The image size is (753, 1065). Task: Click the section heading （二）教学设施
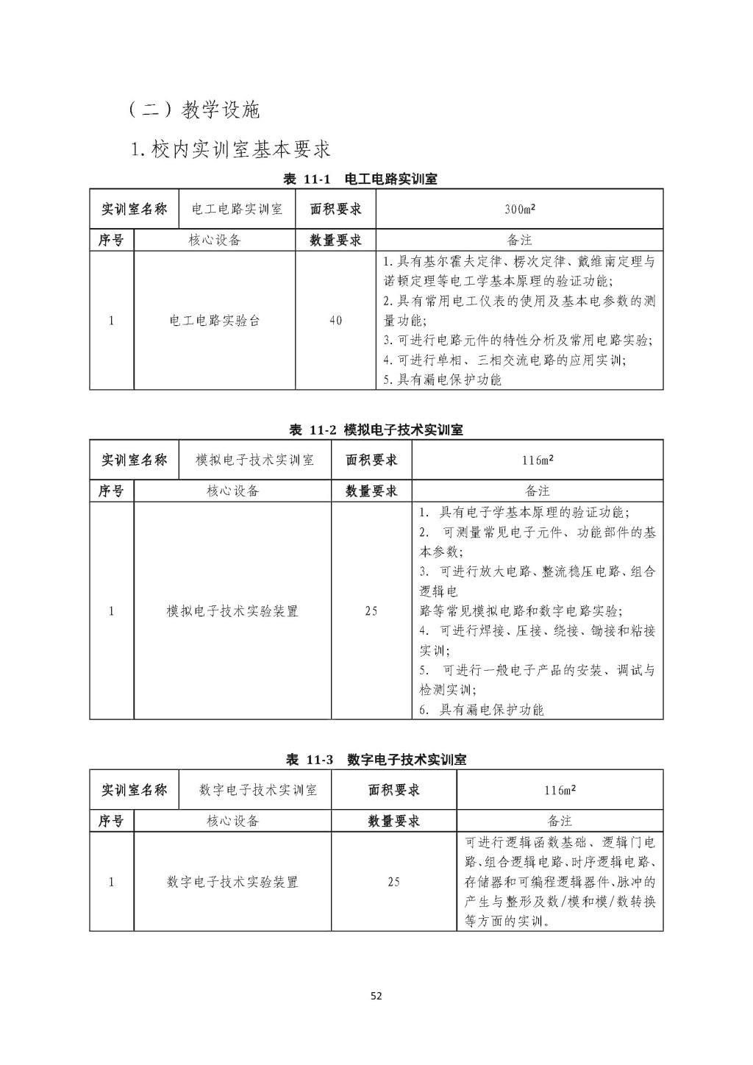pos(194,110)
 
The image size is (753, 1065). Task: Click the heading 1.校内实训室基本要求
pos(230,150)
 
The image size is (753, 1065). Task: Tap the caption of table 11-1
pos(360,179)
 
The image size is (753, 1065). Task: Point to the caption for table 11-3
pos(376,760)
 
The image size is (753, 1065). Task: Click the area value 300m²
pos(519,210)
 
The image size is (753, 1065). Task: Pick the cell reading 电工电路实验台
pos(215,321)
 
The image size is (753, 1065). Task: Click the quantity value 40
pos(335,321)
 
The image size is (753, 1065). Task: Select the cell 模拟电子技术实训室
pos(255,460)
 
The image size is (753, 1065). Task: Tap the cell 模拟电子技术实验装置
pos(232,611)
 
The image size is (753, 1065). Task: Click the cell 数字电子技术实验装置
pos(232,882)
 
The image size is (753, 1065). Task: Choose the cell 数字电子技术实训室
pos(258,791)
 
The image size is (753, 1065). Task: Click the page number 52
pos(376,997)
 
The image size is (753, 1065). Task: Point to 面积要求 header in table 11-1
pos(335,210)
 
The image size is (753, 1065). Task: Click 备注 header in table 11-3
pos(560,821)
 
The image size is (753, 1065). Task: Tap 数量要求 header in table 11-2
pos(371,491)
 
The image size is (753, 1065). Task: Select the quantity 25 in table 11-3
pos(393,882)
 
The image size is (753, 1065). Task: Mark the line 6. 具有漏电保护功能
pos(482,710)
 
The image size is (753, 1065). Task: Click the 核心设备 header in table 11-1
pos(215,241)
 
